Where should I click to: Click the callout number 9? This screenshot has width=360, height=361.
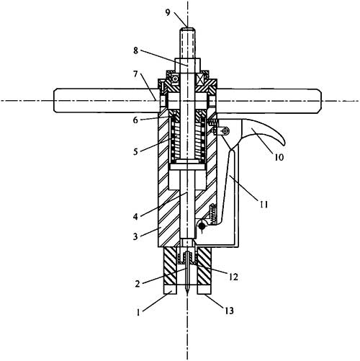point(168,12)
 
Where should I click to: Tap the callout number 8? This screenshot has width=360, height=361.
point(136,50)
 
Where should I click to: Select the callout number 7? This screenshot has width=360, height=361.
point(136,74)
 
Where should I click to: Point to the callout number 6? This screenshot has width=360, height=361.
point(136,120)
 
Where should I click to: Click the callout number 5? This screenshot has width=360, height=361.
point(136,151)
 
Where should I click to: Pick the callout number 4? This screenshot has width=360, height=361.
point(136,217)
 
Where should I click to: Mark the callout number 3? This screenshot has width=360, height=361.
point(136,236)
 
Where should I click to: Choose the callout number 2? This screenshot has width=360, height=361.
point(138,284)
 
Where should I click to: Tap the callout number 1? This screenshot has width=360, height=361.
point(138,313)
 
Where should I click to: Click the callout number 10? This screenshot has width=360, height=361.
point(279,157)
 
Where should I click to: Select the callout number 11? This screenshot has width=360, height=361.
point(264,205)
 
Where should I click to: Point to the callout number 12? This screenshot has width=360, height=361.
point(233,277)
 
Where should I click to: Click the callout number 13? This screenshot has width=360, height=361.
point(229,311)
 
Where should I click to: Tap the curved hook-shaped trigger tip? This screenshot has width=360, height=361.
point(283,144)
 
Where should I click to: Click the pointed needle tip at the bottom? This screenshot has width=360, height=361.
point(187,293)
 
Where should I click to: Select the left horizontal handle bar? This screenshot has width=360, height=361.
point(106,101)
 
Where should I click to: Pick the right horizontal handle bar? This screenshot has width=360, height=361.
point(269,101)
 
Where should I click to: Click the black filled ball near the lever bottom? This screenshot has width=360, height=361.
point(202,226)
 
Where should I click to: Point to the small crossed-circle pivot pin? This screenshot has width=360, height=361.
point(225,131)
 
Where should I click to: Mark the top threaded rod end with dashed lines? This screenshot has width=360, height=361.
point(187,44)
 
